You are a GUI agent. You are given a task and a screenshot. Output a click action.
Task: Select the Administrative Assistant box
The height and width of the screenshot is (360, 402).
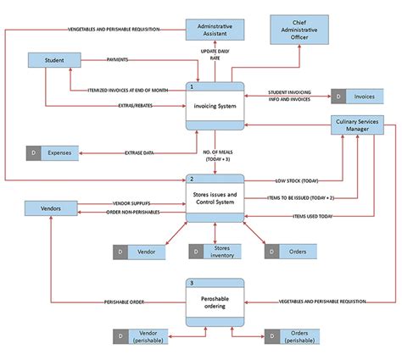coord(215,30)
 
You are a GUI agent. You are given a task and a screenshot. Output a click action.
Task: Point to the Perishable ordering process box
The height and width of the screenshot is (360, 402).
coord(215,300)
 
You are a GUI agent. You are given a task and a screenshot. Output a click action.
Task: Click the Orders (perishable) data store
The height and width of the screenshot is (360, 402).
coord(293,336)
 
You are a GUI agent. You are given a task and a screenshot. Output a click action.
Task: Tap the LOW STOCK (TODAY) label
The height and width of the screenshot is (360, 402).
coord(297,180)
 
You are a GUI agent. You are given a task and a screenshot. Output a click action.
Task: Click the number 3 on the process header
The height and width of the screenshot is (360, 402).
coord(193,281)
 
